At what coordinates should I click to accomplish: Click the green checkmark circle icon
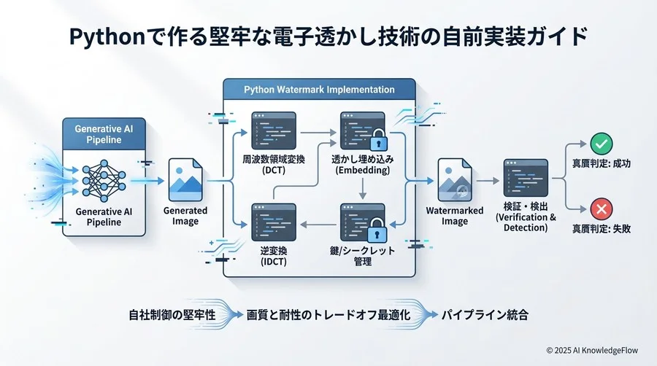pyautogui.click(x=602, y=144)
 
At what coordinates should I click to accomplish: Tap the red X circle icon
pyautogui.click(x=602, y=209)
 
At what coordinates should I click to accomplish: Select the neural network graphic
pyautogui.click(x=104, y=181)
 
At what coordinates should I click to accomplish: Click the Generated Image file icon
pyautogui.click(x=185, y=180)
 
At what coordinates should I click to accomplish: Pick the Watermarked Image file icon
pyautogui.click(x=455, y=180)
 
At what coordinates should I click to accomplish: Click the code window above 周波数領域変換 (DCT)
pyautogui.click(x=274, y=131)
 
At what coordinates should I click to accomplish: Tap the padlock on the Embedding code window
pyautogui.click(x=379, y=140)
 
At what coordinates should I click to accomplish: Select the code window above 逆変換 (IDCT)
pyautogui.click(x=274, y=222)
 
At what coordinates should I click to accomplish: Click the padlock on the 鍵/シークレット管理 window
pyautogui.click(x=377, y=230)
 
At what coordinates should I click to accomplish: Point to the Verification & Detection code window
pyautogui.click(x=526, y=178)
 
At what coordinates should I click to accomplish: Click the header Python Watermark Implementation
pyautogui.click(x=319, y=90)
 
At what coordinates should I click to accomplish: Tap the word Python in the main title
pyautogui.click(x=107, y=36)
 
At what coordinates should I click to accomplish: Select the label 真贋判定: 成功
pyautogui.click(x=602, y=163)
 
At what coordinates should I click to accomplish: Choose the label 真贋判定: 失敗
pyautogui.click(x=602, y=228)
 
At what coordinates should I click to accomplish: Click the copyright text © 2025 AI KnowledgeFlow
pyautogui.click(x=592, y=350)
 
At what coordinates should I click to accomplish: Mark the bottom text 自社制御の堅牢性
pyautogui.click(x=172, y=314)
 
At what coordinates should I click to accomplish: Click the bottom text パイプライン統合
pyautogui.click(x=485, y=314)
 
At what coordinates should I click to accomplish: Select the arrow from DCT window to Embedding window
pyautogui.click(x=318, y=133)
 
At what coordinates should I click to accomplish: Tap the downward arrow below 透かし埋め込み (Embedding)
pyautogui.click(x=363, y=189)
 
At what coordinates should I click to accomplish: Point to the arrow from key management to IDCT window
pyautogui.click(x=318, y=225)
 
